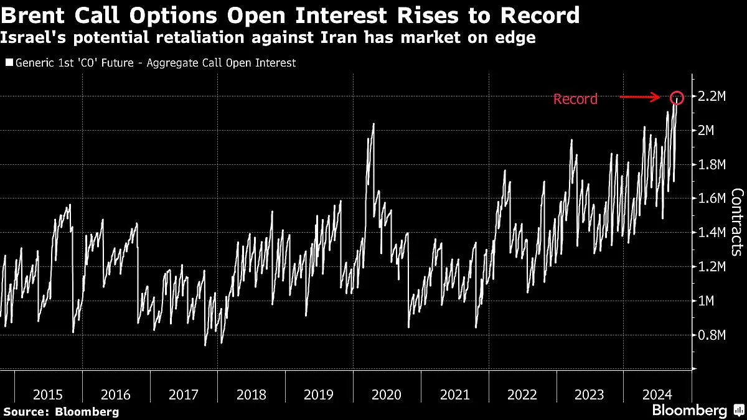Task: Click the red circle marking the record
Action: (678, 98)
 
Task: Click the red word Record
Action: (575, 99)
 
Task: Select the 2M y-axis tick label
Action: (706, 131)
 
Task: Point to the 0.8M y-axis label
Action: (711, 335)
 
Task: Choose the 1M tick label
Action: (706, 301)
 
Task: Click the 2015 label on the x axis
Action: (48, 394)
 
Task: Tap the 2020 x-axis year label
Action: (387, 394)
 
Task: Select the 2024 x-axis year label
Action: (657, 394)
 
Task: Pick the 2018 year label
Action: (251, 394)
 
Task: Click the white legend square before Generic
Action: (9, 63)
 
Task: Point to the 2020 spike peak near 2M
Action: (373, 124)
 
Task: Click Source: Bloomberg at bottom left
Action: (61, 411)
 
